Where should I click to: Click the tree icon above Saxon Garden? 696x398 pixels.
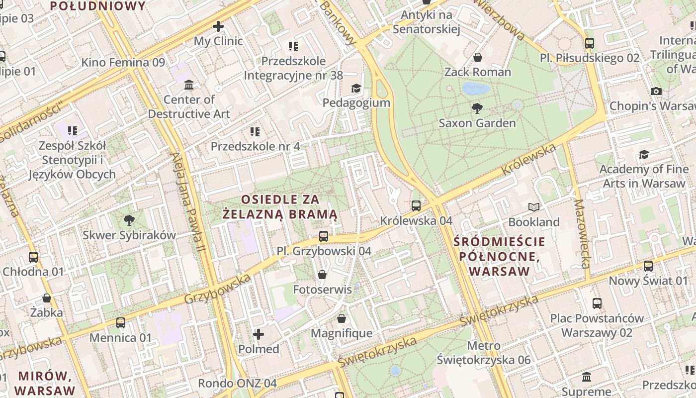(477, 108)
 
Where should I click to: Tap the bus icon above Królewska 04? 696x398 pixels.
(416, 205)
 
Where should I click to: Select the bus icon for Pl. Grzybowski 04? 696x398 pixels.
(324, 236)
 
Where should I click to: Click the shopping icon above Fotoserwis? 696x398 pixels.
(322, 275)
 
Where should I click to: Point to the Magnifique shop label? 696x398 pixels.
(342, 333)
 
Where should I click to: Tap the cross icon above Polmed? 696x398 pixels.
(259, 334)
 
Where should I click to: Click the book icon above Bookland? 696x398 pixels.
(534, 207)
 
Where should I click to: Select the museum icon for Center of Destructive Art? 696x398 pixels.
(189, 85)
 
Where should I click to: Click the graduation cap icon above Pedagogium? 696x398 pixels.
(356, 89)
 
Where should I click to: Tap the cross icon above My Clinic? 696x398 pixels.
(218, 26)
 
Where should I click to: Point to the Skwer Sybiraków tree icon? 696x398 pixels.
(129, 220)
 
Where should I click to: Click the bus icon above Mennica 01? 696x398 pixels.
(121, 323)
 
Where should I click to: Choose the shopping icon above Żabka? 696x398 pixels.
(47, 298)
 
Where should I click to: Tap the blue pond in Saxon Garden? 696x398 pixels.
(476, 89)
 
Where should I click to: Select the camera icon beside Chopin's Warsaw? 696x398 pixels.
(656, 91)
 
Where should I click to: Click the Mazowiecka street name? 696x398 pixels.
(581, 233)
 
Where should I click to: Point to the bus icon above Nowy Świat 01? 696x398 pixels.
(648, 266)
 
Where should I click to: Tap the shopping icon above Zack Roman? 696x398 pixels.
(478, 57)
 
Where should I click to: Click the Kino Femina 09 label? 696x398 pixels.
(123, 62)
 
